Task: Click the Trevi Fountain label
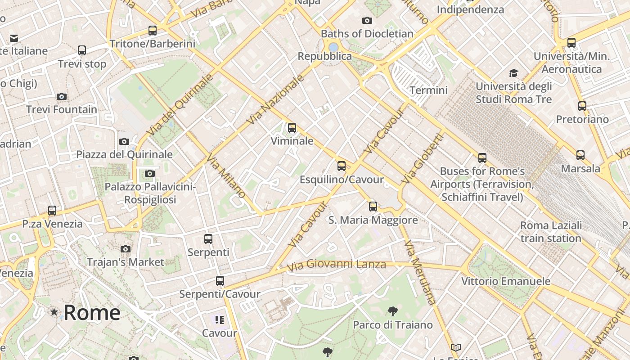coord(62,109)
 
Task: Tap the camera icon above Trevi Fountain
coord(62,96)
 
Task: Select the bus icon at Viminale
coord(292,128)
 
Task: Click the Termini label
coord(428,90)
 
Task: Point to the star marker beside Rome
coord(54,312)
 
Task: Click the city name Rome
coord(92,312)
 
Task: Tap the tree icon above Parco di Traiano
coord(392,311)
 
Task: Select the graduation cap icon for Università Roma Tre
coord(513,73)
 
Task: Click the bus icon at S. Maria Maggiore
coord(373,207)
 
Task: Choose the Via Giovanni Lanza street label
coord(337,265)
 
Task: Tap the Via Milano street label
coord(226,176)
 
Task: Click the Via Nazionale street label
coord(276,100)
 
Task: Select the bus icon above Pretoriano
coord(582,106)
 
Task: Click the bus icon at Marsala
coord(580,155)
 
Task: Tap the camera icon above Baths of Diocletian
coord(367,20)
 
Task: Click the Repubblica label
coord(325,56)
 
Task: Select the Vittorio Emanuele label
coord(506,281)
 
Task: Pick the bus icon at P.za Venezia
coord(52,211)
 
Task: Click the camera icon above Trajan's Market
coord(126,249)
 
